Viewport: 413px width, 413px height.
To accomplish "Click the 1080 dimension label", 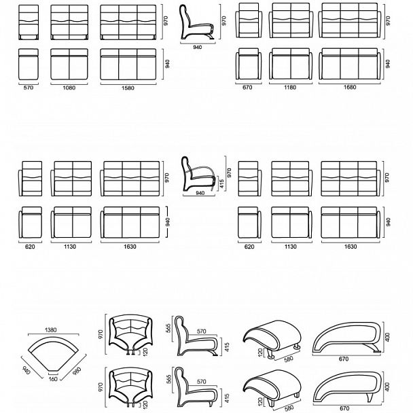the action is (69, 88).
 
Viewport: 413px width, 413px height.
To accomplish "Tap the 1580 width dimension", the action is (128, 88).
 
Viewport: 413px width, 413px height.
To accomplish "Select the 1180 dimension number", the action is (290, 87).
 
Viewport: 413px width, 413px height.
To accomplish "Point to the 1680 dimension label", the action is (350, 87).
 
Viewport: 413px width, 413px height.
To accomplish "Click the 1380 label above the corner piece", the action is (51, 329).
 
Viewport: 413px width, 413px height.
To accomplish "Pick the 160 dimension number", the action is (53, 379).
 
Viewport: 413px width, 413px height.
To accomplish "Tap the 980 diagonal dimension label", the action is (76, 372).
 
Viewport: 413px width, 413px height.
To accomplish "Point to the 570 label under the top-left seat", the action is (29, 88).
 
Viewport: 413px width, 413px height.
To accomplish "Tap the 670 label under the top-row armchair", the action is (247, 87).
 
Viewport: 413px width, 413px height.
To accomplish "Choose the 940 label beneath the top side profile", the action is (198, 48).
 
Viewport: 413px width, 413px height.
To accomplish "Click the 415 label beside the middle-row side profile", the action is (221, 184).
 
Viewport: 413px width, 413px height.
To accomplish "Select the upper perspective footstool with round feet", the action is (272, 338).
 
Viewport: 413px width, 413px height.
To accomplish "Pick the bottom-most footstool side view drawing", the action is (347, 387).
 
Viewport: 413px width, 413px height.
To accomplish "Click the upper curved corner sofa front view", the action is (131, 335).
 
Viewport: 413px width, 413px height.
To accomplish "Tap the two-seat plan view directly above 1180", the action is (291, 63).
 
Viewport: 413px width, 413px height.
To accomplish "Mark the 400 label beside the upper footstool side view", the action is (387, 337).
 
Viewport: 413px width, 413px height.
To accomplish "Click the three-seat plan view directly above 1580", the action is (128, 64).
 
